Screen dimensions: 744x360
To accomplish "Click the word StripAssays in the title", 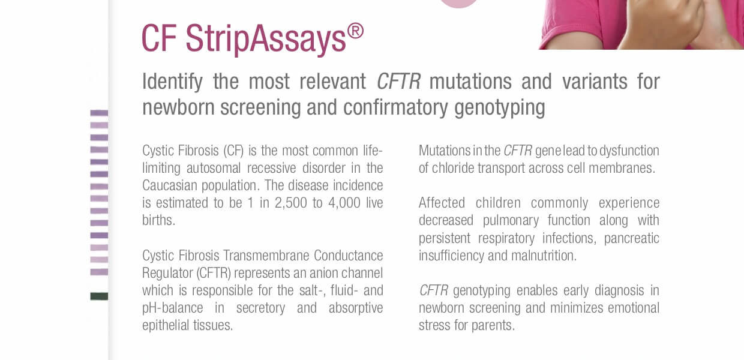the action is (x=266, y=39).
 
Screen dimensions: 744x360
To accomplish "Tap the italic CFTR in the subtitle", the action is (x=398, y=82).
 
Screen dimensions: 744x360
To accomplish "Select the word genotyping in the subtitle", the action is (x=500, y=108).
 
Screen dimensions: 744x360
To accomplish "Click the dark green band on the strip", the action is (x=99, y=296).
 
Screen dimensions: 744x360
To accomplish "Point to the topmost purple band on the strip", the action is (x=99, y=113).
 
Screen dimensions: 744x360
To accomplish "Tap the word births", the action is (x=158, y=220).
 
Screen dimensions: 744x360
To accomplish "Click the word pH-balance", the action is (x=172, y=308).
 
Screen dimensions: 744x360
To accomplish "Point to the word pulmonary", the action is (x=511, y=221).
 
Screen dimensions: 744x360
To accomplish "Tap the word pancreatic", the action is (x=631, y=238).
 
